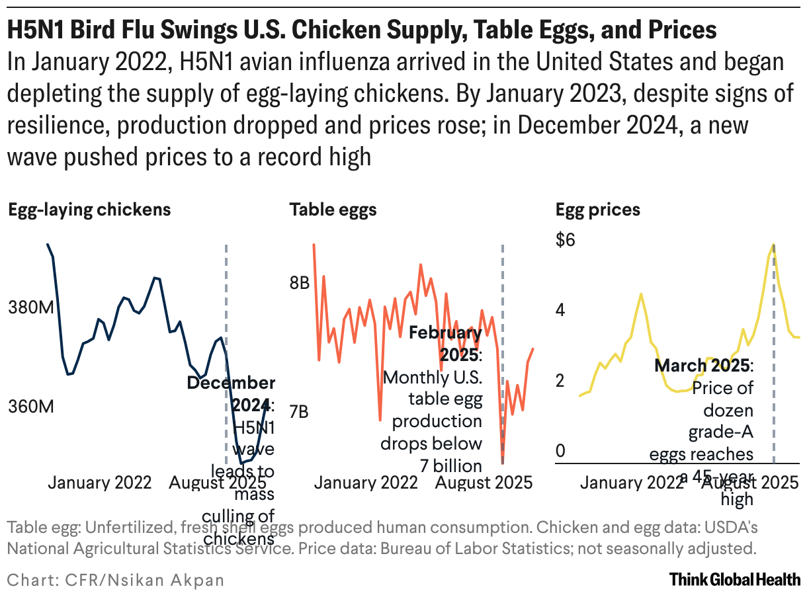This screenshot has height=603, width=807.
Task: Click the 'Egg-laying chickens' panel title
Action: (89, 210)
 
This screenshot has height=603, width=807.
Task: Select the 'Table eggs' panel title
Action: (333, 210)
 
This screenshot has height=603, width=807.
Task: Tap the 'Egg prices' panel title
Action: (598, 210)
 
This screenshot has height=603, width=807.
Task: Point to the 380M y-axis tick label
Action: (30, 307)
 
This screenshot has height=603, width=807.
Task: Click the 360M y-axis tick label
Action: (30, 407)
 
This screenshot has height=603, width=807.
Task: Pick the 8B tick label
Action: (299, 284)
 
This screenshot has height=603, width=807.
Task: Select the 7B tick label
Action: (299, 411)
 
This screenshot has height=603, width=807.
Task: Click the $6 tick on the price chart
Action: (565, 240)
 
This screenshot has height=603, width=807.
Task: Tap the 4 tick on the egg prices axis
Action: (561, 310)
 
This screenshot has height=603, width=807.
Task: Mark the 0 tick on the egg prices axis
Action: (561, 452)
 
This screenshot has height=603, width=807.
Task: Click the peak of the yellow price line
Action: (773, 245)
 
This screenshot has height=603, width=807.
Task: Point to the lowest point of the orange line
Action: (503, 462)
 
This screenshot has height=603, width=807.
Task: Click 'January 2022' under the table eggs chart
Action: (366, 483)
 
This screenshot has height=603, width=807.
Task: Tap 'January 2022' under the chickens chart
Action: (100, 483)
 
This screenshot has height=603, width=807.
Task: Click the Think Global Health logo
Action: (734, 580)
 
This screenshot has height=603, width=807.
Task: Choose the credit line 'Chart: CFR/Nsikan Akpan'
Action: (116, 581)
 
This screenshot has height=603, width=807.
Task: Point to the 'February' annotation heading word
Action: (445, 332)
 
